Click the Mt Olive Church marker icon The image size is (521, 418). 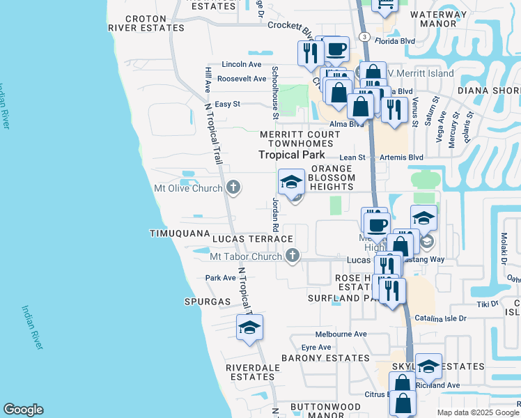[x=233, y=187]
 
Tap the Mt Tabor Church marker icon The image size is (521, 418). [x=293, y=256]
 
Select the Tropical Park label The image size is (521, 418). [x=292, y=155]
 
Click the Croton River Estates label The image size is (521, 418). [x=148, y=22]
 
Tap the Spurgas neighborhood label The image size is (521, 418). [x=207, y=302]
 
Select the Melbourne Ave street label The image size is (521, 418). [x=341, y=334]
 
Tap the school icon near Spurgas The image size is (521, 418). [x=249, y=327]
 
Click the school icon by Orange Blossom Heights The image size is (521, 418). [x=291, y=184]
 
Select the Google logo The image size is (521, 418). [x=23, y=410]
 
